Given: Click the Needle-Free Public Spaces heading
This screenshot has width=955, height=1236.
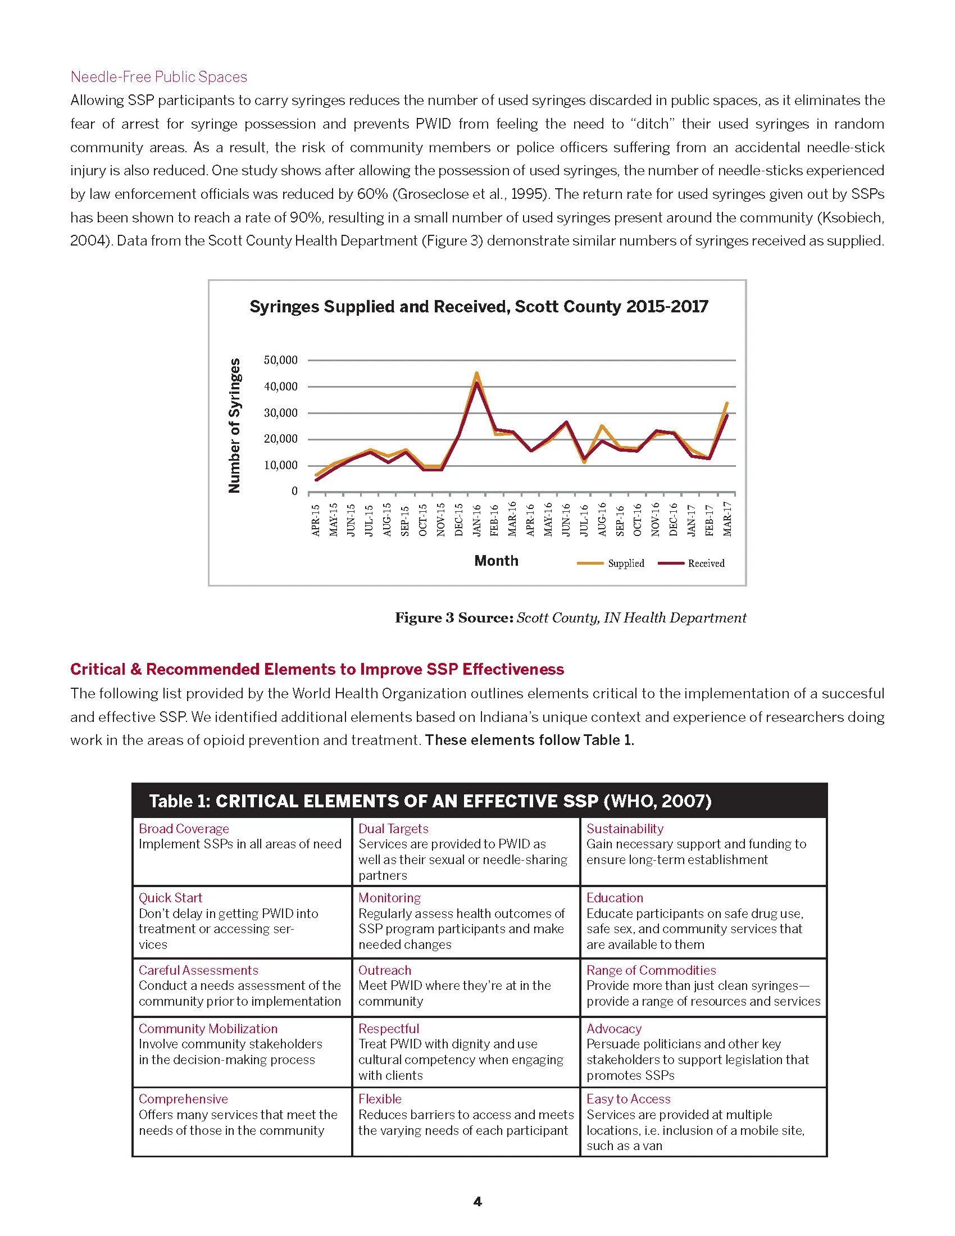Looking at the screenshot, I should click(x=158, y=77).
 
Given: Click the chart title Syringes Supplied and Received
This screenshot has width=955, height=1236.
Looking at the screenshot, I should click(x=479, y=307).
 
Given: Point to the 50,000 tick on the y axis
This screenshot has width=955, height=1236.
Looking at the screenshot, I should click(x=280, y=360).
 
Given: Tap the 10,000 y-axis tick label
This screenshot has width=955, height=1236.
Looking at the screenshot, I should click(x=280, y=465).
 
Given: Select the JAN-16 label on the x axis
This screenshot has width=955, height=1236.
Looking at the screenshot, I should click(x=477, y=519).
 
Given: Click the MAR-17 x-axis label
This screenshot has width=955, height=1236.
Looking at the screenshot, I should click(x=727, y=519).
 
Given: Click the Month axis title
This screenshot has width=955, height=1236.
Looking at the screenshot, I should click(x=496, y=561).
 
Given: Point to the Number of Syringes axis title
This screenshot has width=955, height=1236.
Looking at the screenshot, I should click(x=234, y=426).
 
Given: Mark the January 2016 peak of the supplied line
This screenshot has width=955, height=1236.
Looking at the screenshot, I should click(x=477, y=373).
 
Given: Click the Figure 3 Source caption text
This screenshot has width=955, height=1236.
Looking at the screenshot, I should click(x=570, y=617).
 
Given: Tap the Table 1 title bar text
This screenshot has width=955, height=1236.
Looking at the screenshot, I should click(x=430, y=801).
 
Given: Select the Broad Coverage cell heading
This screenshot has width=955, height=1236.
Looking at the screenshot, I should click(x=184, y=829).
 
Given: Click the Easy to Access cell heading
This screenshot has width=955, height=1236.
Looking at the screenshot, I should click(x=628, y=1098).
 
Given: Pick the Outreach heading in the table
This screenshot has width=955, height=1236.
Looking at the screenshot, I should click(x=385, y=970).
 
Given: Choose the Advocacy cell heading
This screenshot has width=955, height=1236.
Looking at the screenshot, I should click(x=614, y=1028).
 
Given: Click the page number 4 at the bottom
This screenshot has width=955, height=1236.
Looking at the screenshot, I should click(x=477, y=1202).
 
